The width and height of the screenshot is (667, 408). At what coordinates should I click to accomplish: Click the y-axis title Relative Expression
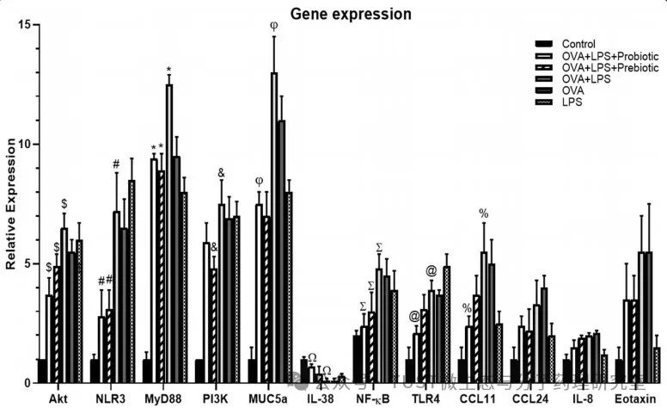pyautogui.click(x=11, y=202)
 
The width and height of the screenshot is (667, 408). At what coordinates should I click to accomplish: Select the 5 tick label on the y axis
pyautogui.click(x=27, y=264)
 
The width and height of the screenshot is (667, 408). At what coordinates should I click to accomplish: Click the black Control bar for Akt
pyautogui.click(x=41, y=371)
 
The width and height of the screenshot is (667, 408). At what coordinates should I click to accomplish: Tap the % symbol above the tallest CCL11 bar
pyautogui.click(x=484, y=213)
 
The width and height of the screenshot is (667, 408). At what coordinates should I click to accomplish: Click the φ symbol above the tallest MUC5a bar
pyautogui.click(x=273, y=25)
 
